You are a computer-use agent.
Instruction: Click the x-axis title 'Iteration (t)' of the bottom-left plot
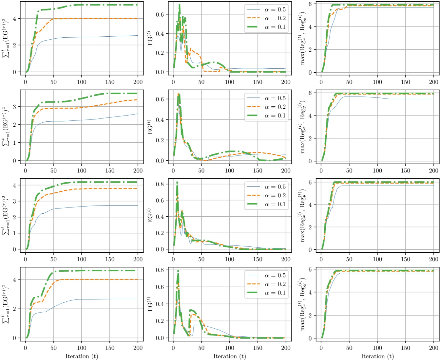82,356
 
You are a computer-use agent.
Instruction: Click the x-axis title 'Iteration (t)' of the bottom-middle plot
229,356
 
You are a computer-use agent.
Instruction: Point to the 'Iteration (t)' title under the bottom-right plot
377,356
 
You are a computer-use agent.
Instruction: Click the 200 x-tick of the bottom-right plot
433,348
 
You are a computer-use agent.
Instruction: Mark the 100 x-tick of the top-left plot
82,82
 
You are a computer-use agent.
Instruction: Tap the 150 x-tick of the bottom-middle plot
258,348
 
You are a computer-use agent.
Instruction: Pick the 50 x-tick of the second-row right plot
349,171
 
